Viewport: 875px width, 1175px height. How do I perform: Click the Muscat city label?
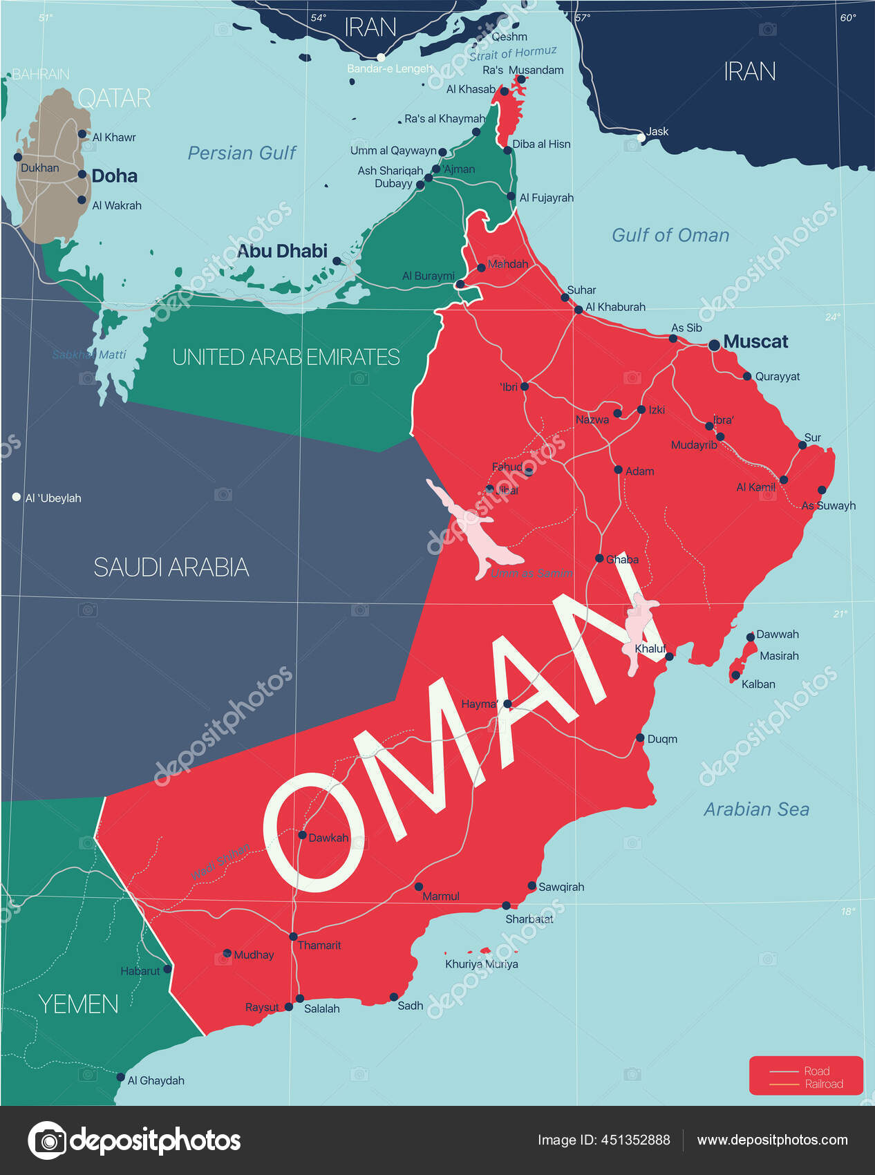755,341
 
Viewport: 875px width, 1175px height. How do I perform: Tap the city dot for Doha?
82,175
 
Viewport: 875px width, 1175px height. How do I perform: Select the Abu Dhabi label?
282,251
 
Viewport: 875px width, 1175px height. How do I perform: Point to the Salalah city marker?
300,998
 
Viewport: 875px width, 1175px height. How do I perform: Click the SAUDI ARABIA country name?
171,567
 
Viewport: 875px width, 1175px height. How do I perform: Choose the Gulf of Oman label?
670,235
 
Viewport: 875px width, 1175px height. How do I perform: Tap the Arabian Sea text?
756,809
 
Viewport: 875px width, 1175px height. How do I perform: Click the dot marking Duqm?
640,738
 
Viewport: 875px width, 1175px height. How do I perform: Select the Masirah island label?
779,656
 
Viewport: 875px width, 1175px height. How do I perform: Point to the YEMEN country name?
78,1004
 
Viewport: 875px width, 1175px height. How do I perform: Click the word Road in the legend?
816,1071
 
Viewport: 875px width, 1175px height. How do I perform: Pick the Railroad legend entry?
824,1084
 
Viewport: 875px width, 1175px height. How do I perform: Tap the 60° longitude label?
848,18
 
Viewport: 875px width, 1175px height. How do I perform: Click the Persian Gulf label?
242,153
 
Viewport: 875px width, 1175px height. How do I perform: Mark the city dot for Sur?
802,445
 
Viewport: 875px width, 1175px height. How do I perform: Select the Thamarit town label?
319,945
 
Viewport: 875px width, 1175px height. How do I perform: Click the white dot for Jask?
641,138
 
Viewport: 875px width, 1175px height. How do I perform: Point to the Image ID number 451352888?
634,1140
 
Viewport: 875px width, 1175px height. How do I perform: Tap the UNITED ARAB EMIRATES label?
286,357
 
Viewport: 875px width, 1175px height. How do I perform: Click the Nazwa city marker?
618,413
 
